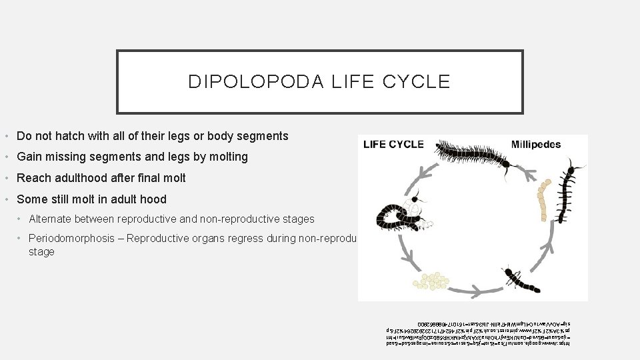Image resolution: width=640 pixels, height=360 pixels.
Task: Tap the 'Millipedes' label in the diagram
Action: pyautogui.click(x=535, y=145)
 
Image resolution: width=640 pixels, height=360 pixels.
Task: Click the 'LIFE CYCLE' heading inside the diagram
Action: pyautogui.click(x=393, y=145)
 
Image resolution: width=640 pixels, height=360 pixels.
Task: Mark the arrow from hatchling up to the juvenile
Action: pyautogui.click(x=555, y=250)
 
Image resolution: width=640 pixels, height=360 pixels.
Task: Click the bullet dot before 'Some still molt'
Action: pyautogui.click(x=7, y=199)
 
